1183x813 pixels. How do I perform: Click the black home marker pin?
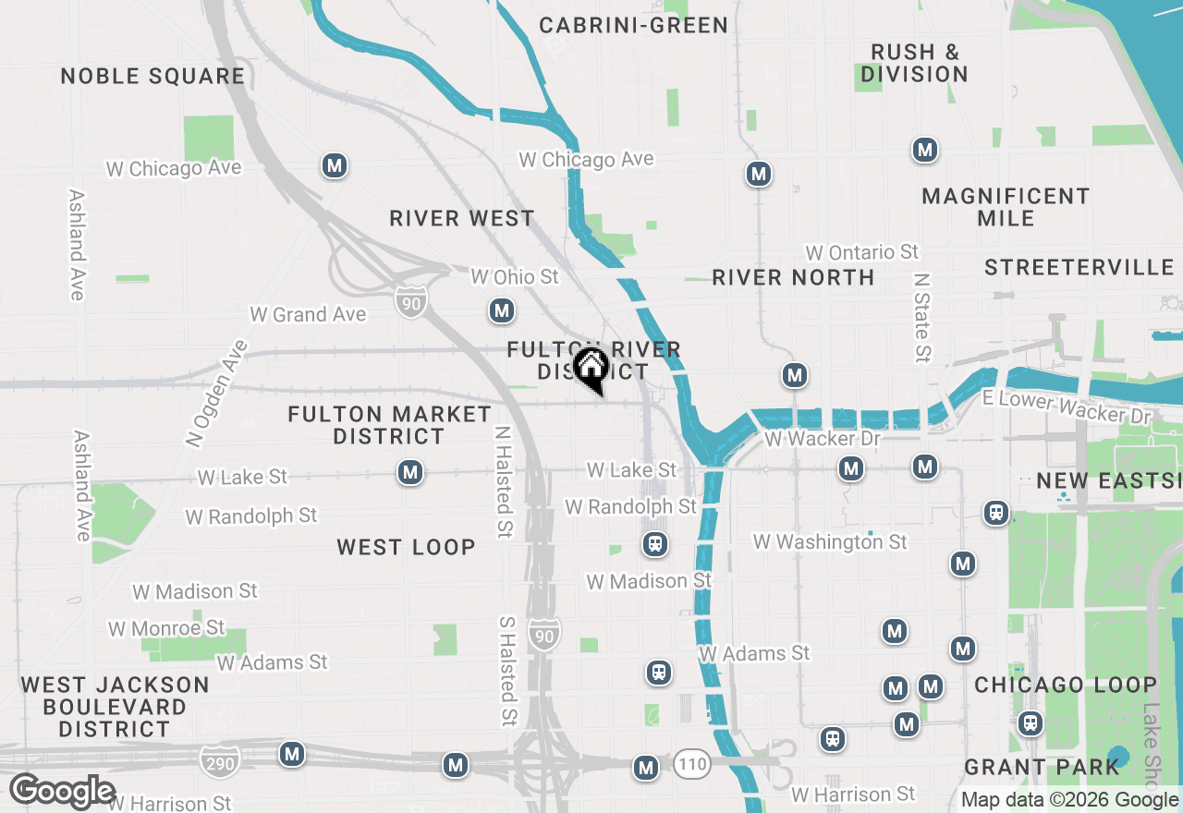[x=591, y=369]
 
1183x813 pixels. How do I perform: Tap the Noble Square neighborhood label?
[x=153, y=76]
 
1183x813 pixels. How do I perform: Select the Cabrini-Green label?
[x=634, y=25]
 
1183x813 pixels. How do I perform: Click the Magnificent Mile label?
[x=1006, y=207]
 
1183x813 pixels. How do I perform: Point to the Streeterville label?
[x=1079, y=267]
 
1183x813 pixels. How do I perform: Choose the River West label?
[x=462, y=218]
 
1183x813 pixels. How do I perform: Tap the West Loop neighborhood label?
[x=406, y=547]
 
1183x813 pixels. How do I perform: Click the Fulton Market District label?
[x=389, y=425]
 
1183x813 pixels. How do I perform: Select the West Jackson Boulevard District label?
[x=115, y=707]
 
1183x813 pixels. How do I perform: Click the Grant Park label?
[x=1042, y=767]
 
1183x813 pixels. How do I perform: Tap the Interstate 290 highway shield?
[x=219, y=761]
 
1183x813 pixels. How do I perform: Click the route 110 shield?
[x=691, y=764]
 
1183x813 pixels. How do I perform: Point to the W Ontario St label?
[x=861, y=252]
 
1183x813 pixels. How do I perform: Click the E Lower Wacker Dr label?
[x=1066, y=407]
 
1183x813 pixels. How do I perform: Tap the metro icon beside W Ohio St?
[x=502, y=310]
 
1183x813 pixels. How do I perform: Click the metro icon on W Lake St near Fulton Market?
[x=410, y=473]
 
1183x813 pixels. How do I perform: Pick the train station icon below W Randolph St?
[x=655, y=543]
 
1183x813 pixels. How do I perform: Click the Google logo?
[x=62, y=791]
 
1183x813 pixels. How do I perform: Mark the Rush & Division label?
[x=914, y=63]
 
